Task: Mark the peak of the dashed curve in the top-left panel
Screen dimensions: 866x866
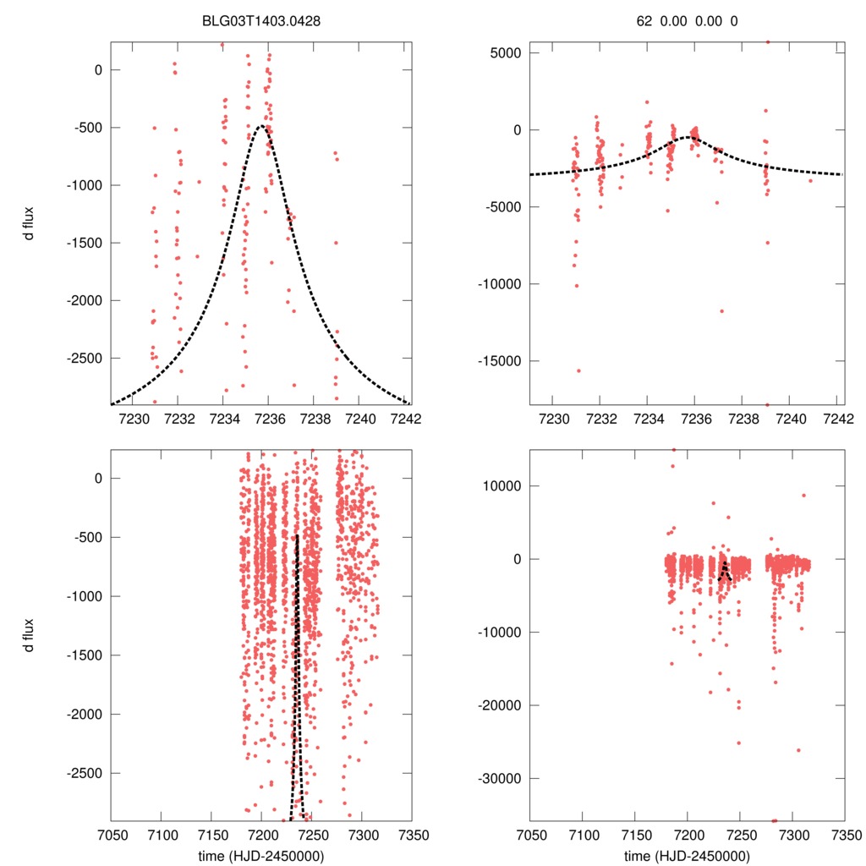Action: point(262,126)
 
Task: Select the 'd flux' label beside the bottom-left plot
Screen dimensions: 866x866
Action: point(30,634)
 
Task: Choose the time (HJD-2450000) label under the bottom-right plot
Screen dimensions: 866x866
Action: point(688,856)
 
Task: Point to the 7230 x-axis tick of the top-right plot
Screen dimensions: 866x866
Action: point(553,418)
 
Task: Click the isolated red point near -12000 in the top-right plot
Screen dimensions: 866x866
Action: point(721,310)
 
